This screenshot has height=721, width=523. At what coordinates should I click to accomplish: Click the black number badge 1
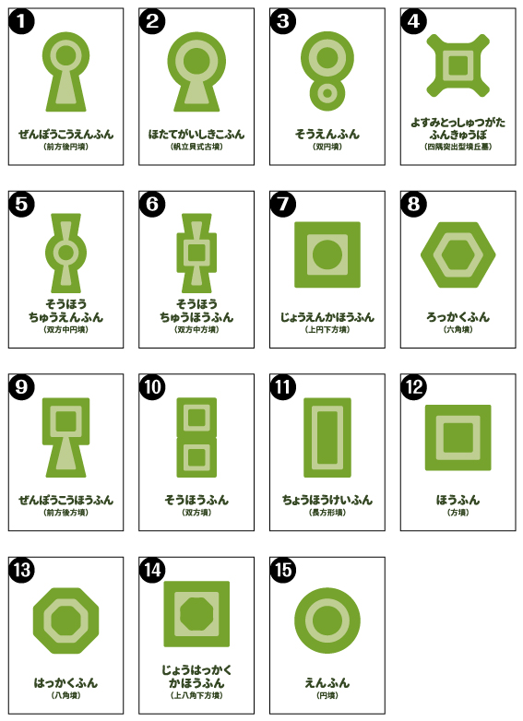pyautogui.click(x=21, y=21)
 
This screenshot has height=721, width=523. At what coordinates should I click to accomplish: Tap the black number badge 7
pyautogui.click(x=283, y=204)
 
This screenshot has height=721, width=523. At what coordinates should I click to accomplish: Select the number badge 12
pyautogui.click(x=413, y=386)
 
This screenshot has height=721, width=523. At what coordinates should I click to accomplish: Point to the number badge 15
pyautogui.click(x=283, y=570)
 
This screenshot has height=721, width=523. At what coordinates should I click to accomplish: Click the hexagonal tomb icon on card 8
pyautogui.click(x=458, y=255)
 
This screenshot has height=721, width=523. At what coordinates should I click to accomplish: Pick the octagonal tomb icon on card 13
pyautogui.click(x=65, y=621)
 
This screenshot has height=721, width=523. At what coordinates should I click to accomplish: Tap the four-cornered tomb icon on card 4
pyautogui.click(x=458, y=65)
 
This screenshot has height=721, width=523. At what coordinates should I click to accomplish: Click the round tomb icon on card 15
pyautogui.click(x=327, y=621)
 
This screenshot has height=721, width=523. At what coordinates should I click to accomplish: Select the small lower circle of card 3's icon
pyautogui.click(x=327, y=94)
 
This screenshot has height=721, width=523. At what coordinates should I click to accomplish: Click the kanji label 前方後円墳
pyautogui.click(x=65, y=147)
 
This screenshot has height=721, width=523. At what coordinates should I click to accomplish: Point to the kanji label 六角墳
pyautogui.click(x=458, y=329)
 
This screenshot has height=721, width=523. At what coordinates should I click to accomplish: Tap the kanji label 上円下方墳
pyautogui.click(x=327, y=329)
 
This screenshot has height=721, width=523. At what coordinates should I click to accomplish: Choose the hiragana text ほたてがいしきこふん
pyautogui.click(x=196, y=134)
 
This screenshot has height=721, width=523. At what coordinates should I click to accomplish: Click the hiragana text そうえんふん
pyautogui.click(x=327, y=134)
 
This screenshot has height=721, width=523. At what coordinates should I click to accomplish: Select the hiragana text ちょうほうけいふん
pyautogui.click(x=327, y=500)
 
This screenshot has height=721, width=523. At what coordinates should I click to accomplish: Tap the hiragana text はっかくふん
pyautogui.click(x=65, y=682)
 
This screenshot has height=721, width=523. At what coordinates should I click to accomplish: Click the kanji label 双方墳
pyautogui.click(x=196, y=513)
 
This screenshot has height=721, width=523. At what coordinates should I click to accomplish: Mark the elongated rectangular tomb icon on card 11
pyautogui.click(x=327, y=438)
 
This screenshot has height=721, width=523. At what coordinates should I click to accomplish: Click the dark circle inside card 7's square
pyautogui.click(x=327, y=254)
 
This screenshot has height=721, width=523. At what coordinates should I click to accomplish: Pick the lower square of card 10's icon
pyautogui.click(x=196, y=457)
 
